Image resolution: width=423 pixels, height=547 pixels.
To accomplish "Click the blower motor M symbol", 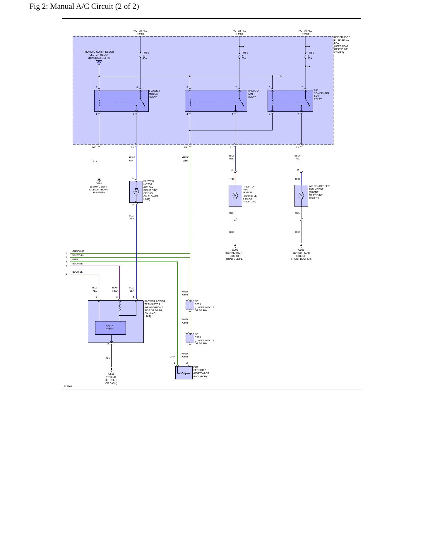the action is point(136,192).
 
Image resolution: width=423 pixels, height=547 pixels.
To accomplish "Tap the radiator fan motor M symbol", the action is point(235,195).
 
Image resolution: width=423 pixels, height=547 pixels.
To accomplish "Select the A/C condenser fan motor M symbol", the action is point(301,195).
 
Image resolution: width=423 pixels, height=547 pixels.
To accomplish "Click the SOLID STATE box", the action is point(110,328).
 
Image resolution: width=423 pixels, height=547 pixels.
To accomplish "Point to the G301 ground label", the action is point(99,183).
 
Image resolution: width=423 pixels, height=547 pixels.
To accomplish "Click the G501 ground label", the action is point(111,374).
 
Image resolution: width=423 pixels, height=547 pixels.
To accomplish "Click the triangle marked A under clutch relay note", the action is point(99,62).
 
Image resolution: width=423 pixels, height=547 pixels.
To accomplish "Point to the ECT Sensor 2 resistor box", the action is point(184,373).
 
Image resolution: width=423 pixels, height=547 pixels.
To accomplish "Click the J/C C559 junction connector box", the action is point(190,305).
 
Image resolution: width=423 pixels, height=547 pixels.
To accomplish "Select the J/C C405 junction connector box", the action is point(190,338).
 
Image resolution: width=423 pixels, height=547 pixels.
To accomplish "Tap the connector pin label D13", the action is point(94,147).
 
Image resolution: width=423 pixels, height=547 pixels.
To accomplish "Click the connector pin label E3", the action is point(132,147).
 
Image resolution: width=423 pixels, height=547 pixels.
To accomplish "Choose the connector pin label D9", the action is point(186,147).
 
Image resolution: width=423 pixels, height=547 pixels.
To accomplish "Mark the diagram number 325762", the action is point(68,386).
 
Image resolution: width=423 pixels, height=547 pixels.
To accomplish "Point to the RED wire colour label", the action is point(231,179).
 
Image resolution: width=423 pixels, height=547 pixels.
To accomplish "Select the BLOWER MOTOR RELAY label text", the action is point(154,94).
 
